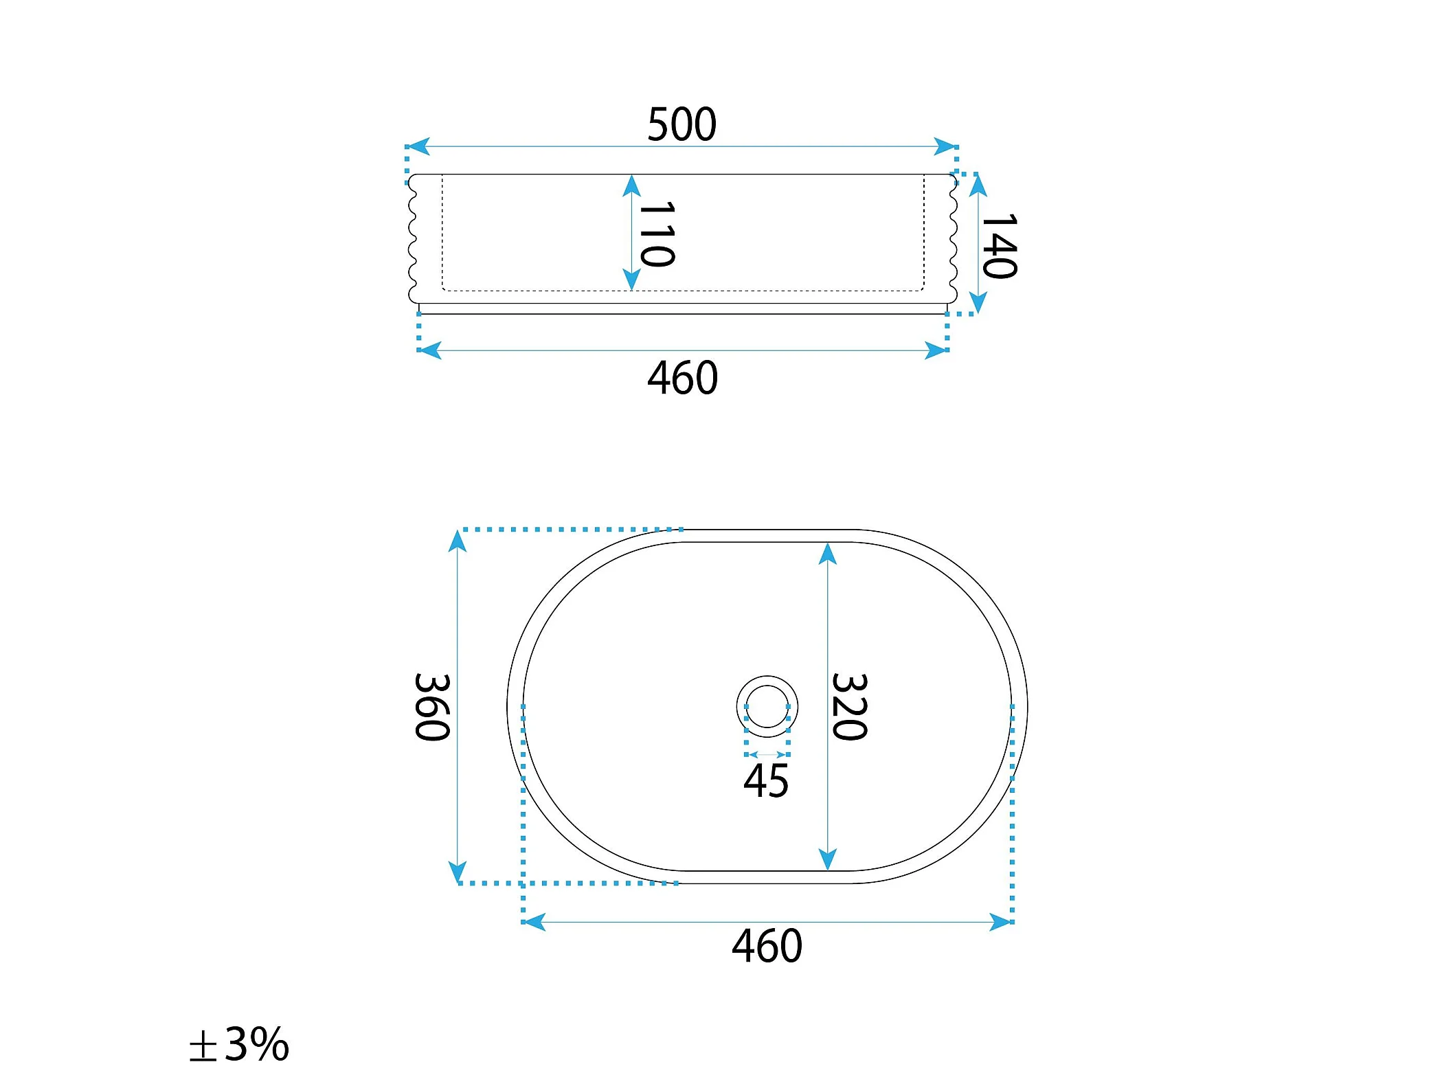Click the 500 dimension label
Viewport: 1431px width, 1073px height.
tap(681, 124)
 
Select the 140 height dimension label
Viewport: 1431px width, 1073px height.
tap(1000, 246)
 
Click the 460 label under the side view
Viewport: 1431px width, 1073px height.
tap(683, 378)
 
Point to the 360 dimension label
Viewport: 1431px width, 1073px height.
tap(432, 707)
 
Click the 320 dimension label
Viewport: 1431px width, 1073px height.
tap(850, 707)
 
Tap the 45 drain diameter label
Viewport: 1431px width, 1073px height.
tap(766, 781)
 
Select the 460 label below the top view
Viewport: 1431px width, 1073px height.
tap(767, 946)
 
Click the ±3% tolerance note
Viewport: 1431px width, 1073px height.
tap(239, 1044)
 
